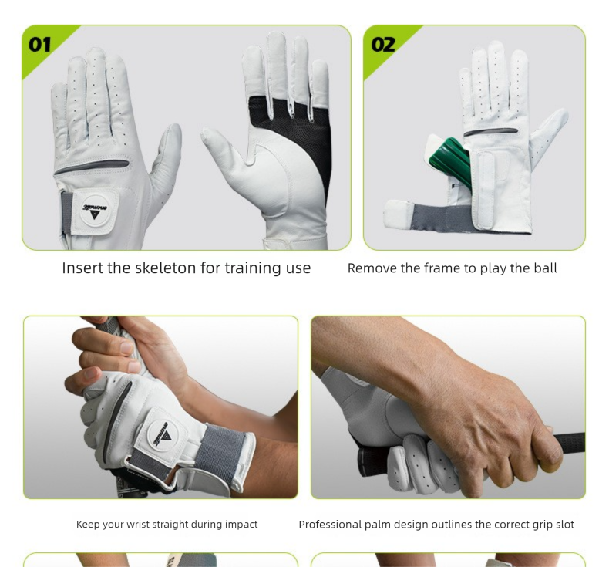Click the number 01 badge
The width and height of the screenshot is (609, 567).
click(40, 44)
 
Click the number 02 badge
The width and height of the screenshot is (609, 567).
click(383, 44)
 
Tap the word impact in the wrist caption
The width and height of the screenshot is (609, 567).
click(241, 525)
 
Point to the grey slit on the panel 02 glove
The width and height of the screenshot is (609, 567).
click(490, 132)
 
